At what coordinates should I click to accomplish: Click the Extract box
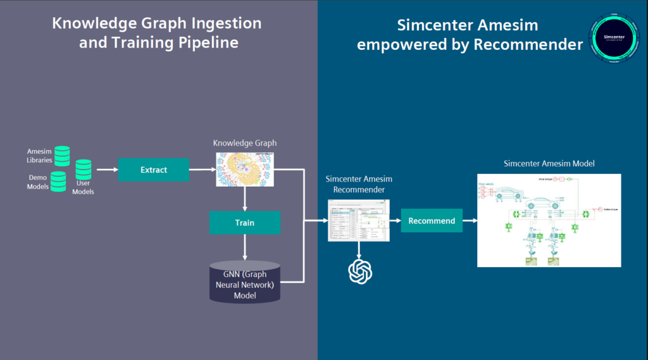click(154, 170)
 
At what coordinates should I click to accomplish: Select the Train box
click(245, 223)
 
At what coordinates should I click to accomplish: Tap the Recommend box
click(432, 221)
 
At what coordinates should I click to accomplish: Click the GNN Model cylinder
click(245, 281)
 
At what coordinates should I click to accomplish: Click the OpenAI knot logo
click(360, 271)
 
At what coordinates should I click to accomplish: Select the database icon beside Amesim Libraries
click(62, 156)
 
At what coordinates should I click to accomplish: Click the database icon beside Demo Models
click(58, 182)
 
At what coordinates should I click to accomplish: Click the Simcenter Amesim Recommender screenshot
click(359, 220)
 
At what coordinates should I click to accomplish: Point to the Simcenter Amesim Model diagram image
click(549, 220)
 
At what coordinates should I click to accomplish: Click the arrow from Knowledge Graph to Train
click(245, 199)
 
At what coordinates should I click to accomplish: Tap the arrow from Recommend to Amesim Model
click(470, 221)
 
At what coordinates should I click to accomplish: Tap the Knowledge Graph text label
click(244, 144)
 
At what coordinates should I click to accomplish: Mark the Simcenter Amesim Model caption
click(549, 164)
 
